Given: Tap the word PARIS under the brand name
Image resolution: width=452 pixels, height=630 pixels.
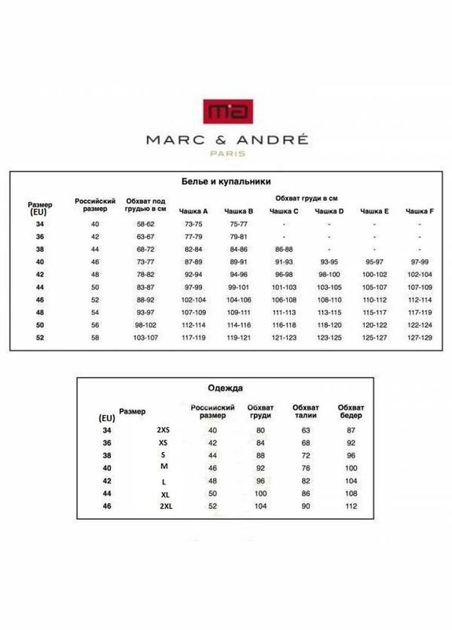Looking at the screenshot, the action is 226,154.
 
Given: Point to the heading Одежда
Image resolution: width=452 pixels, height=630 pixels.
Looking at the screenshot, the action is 226,387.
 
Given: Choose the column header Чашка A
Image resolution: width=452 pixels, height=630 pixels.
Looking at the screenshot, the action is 193,211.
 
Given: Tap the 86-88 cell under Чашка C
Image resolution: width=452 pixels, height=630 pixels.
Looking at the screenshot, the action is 284,247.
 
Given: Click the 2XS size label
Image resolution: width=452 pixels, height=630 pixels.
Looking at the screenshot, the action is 164,430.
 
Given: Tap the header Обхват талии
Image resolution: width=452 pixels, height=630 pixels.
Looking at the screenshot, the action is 306,410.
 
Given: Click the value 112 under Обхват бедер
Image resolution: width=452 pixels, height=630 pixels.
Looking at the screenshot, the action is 351,505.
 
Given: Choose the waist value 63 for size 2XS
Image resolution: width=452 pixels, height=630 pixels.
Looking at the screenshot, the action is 306,430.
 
